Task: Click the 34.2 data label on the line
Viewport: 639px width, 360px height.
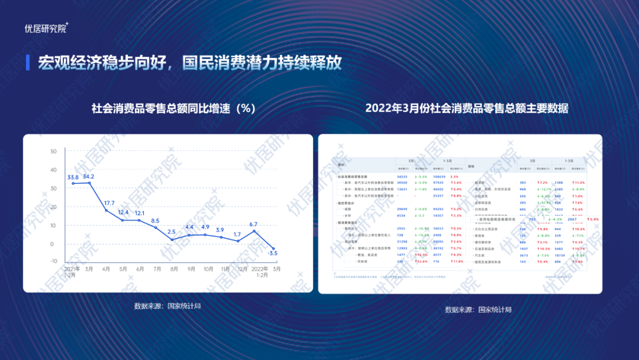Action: [x=89, y=176]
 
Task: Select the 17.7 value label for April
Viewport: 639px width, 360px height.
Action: [x=109, y=203]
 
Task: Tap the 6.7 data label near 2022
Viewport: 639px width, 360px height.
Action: [x=253, y=224]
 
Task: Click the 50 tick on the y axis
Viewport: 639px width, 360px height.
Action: [x=53, y=151]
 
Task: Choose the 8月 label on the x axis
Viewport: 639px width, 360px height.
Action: [x=173, y=269]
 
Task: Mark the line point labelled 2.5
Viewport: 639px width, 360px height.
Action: [x=173, y=239]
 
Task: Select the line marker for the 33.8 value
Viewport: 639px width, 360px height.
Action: [x=73, y=184]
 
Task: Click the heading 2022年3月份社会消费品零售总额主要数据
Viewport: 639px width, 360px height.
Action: [x=467, y=108]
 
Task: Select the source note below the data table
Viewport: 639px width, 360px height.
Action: [x=478, y=309]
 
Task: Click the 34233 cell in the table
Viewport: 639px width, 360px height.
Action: [x=403, y=176]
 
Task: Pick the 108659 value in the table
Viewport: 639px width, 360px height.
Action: [x=440, y=176]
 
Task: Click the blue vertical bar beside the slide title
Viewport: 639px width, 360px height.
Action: [x=28, y=63]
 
